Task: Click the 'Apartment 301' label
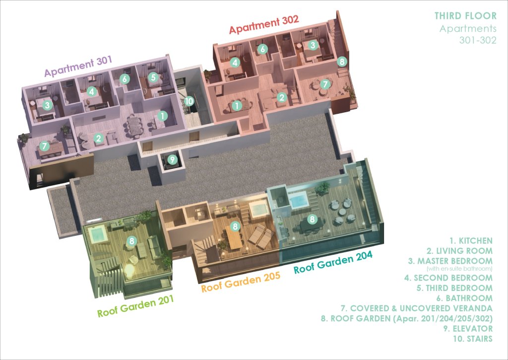point(78,66)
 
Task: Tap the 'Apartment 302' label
point(264,24)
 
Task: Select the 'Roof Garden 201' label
point(135,306)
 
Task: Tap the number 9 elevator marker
point(172,159)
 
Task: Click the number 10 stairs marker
point(189,101)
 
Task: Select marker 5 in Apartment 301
point(153,77)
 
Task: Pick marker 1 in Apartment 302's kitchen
point(237,105)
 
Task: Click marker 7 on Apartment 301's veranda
point(44,146)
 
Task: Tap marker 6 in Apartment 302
point(262,49)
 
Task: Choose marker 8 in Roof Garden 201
point(131,241)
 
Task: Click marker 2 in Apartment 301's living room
point(99,139)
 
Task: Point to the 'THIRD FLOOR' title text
point(465,16)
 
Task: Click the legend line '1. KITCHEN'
point(471,241)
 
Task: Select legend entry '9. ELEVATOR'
point(468,329)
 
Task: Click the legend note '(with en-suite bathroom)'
point(459,269)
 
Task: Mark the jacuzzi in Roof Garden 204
point(298,200)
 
